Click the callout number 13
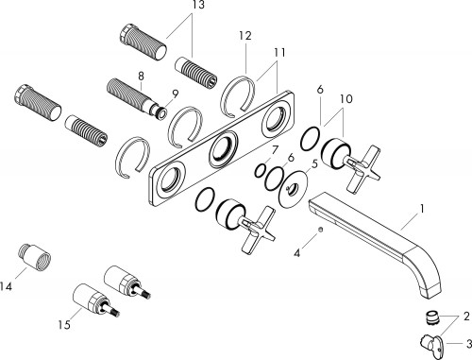point(198,5)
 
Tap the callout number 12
point(245,36)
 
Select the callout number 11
point(279,52)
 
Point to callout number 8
point(141,76)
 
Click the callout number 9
point(176,94)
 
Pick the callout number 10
point(346,99)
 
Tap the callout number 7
point(276,149)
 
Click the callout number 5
point(314,163)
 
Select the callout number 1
point(422,209)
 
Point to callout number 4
point(297,253)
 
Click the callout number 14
point(6,286)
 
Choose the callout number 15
point(64,325)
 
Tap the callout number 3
point(468,343)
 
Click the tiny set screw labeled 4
point(320,231)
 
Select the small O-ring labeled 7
point(261,170)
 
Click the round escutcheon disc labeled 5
point(292,189)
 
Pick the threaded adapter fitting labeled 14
point(34,257)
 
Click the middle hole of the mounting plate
point(224,148)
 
